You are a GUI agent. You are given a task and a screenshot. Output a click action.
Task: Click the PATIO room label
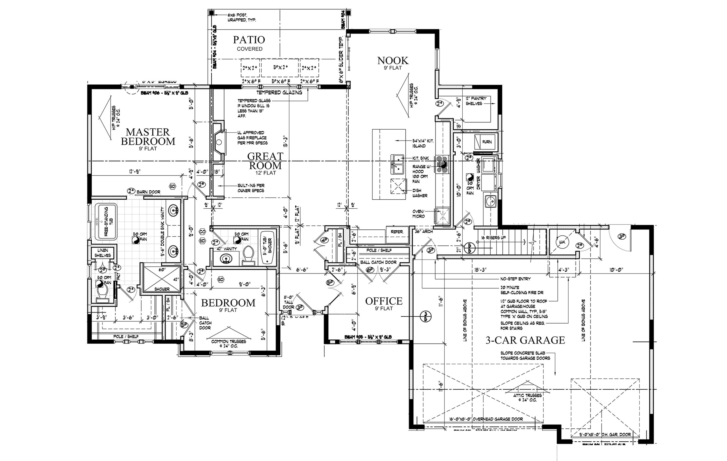(249, 40)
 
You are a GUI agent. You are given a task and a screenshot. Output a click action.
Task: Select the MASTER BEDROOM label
(148, 137)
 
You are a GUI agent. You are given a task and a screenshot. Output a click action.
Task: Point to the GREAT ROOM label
(265, 161)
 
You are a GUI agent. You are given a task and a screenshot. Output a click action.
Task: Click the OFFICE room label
(384, 301)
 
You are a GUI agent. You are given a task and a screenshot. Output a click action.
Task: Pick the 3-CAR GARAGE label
(525, 340)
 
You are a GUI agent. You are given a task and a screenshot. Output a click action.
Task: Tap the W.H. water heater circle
(562, 242)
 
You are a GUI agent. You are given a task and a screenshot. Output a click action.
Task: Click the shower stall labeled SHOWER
(162, 279)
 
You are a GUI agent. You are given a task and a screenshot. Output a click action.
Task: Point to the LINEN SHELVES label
(103, 253)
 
